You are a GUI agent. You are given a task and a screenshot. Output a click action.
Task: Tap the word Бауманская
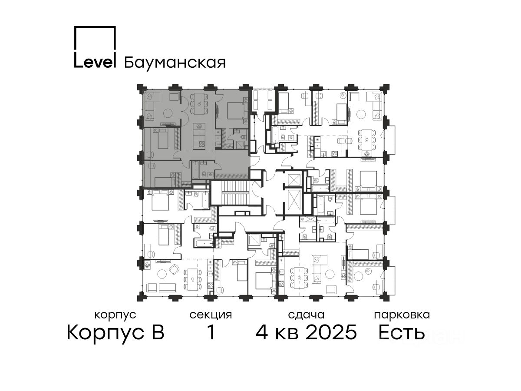click(x=175, y=63)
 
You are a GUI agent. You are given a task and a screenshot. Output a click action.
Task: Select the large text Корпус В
click(x=115, y=333)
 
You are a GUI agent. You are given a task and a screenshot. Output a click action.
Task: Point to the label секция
click(x=211, y=315)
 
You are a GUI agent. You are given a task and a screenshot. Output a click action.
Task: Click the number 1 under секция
click(x=211, y=332)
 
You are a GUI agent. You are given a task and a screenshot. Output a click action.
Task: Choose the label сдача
click(x=306, y=315)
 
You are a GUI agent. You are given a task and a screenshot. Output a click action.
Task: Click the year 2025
click(x=331, y=332)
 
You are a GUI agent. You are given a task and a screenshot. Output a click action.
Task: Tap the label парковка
click(x=402, y=315)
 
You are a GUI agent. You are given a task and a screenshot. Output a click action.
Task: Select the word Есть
click(x=401, y=332)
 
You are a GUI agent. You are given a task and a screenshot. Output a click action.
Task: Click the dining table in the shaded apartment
click(x=199, y=103)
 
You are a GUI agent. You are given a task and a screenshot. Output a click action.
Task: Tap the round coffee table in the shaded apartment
click(x=168, y=113)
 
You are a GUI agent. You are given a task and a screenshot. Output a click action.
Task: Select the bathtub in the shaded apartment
click(x=195, y=170)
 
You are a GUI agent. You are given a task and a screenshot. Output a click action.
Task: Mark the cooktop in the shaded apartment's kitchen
click(x=201, y=144)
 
